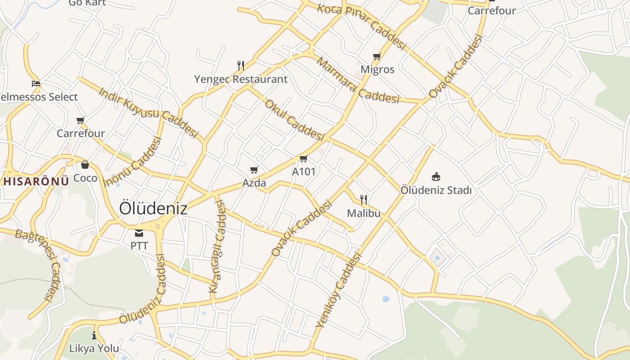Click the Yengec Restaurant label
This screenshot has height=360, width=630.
pos(241,79)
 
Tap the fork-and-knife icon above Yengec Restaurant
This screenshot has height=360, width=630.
pos(241,66)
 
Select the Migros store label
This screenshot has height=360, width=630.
pos(378,69)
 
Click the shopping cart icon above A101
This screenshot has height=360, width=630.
pos(303,158)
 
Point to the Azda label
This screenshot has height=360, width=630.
pos(254,183)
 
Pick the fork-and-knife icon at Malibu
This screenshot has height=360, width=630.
pos(364,199)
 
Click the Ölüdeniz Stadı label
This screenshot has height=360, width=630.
pos(436,190)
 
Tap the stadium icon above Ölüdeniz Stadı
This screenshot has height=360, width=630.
pos(436,176)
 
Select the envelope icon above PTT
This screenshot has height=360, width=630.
pos(139,233)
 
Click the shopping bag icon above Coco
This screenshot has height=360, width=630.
pos(85,165)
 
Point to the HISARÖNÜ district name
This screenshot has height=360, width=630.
pos(36,181)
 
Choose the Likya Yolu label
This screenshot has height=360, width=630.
pos(94,348)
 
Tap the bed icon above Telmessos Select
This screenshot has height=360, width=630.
pos(36,83)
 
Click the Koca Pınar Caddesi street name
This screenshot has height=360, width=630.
pos(362,27)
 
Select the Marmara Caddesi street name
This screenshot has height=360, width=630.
pos(357,81)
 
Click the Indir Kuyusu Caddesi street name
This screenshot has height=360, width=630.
pos(148,112)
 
